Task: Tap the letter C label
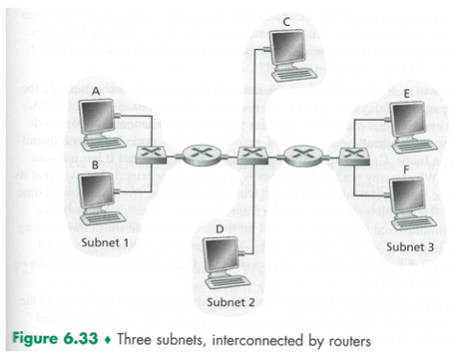point(287,20)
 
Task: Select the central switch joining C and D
point(251,152)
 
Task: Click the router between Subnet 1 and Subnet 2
point(200,152)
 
